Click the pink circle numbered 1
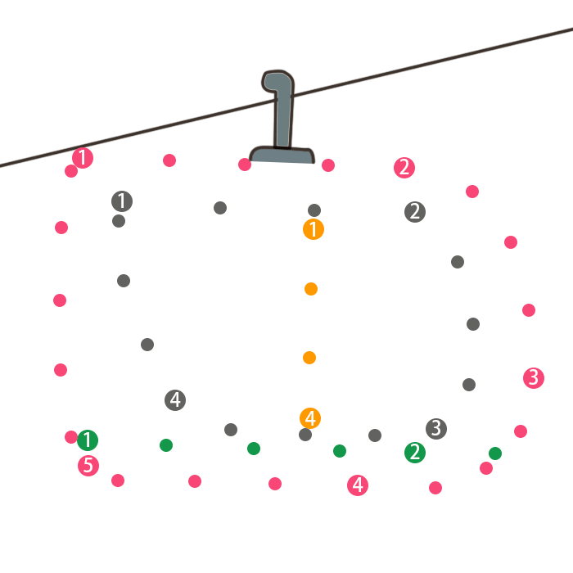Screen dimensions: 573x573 click(83, 158)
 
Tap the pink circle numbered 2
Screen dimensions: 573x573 click(404, 168)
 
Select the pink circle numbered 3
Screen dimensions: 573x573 click(534, 377)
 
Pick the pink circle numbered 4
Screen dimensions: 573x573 click(358, 485)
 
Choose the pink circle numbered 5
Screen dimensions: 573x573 click(88, 466)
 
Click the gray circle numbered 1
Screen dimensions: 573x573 click(122, 201)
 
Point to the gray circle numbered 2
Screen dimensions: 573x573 click(415, 212)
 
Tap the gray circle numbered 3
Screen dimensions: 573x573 click(436, 428)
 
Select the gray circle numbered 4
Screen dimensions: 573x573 click(175, 400)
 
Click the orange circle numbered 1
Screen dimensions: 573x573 click(314, 229)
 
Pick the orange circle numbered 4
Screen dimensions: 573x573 click(310, 418)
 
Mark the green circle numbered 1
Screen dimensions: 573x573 click(88, 440)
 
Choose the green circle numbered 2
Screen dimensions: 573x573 click(415, 453)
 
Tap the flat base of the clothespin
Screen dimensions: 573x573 click(282, 155)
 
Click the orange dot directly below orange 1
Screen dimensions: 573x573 click(311, 289)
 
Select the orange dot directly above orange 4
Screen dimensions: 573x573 click(309, 358)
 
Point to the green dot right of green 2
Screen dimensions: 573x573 click(495, 453)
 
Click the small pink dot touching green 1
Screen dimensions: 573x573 click(71, 437)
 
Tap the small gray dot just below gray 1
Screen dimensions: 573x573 click(119, 221)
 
